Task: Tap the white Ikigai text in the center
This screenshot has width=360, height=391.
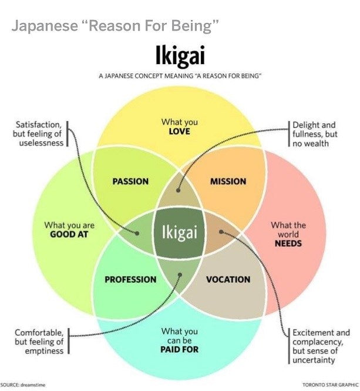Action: [x=180, y=232]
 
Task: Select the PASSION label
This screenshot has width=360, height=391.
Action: [x=130, y=181]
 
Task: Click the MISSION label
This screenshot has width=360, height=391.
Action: [x=228, y=181]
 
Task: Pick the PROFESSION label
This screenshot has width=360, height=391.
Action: [x=130, y=279]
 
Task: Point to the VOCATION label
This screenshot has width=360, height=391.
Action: [x=228, y=279]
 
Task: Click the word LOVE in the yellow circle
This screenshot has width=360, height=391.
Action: [x=179, y=131]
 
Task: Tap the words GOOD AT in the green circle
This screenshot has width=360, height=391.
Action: [x=69, y=234]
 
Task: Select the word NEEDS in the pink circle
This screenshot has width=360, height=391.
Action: [x=288, y=243]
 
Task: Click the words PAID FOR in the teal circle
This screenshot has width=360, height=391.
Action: [x=179, y=349]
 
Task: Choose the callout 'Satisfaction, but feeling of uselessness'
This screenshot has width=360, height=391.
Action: [x=39, y=134]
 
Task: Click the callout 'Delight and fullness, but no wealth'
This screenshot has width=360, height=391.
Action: [x=315, y=134]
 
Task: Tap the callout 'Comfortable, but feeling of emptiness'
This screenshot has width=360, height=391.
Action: [x=39, y=342]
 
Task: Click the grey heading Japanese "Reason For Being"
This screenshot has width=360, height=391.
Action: [x=115, y=26]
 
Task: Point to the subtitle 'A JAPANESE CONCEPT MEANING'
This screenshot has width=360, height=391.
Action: [x=180, y=76]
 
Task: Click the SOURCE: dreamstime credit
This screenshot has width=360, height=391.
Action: [x=23, y=385]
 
